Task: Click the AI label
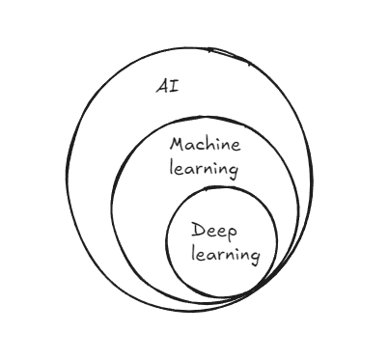[x=167, y=87]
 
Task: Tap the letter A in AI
[x=162, y=87]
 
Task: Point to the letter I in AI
[x=174, y=87]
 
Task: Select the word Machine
[x=205, y=145]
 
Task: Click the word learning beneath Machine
[x=204, y=169]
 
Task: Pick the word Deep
[x=214, y=232]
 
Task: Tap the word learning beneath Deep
[x=226, y=255]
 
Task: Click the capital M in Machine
[x=178, y=145]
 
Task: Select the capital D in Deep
[x=198, y=230]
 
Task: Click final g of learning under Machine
[x=234, y=172]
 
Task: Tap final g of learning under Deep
[x=255, y=258]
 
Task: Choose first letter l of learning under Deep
[x=193, y=253]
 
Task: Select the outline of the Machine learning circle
[x=112, y=206]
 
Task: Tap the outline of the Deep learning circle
[x=167, y=241]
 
